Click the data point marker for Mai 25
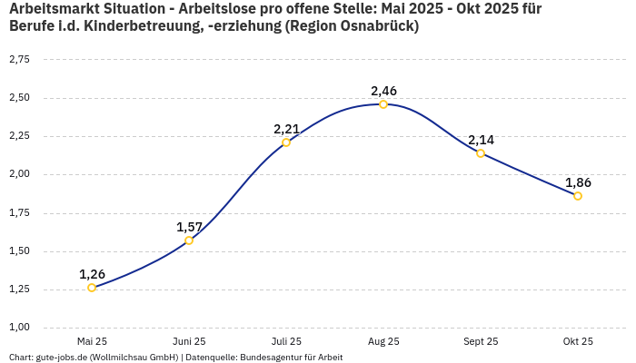[x=92, y=288]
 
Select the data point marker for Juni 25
[x=189, y=240]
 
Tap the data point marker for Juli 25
[x=286, y=142]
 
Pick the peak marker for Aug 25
[x=383, y=104]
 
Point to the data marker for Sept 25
[x=481, y=153]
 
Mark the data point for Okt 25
[x=578, y=196]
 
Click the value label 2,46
[x=383, y=91]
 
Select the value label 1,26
[x=92, y=274]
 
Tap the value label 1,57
[x=189, y=227]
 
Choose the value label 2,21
[x=286, y=129]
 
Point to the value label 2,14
[x=481, y=140]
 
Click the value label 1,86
[x=578, y=182]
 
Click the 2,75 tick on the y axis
[x=19, y=60]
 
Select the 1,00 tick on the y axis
[x=19, y=328]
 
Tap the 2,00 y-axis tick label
[x=19, y=174]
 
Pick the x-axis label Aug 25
[x=383, y=341]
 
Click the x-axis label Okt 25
[x=578, y=341]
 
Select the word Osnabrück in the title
[x=377, y=26]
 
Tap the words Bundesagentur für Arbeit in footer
[x=291, y=358]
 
